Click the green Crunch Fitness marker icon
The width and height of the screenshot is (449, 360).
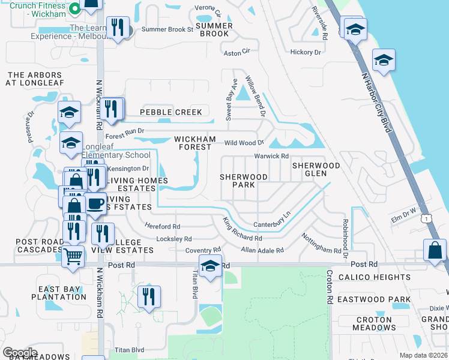[x=75, y=8]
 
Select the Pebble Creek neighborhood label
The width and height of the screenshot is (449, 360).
[x=171, y=112]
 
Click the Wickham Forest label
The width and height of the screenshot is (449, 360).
[x=194, y=143]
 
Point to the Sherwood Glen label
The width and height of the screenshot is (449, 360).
[x=316, y=169]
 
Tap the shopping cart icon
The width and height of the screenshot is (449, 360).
[x=73, y=256]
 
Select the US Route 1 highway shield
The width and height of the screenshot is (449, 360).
[x=426, y=218]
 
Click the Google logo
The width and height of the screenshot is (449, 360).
[x=20, y=352]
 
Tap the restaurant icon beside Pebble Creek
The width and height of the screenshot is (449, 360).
[x=112, y=109]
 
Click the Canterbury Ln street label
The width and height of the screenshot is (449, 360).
[x=271, y=219]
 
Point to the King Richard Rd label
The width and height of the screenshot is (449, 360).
[x=242, y=230]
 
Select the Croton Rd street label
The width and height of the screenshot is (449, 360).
[x=329, y=286]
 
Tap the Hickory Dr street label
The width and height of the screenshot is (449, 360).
[x=306, y=52]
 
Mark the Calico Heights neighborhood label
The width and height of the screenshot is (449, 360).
[x=374, y=277]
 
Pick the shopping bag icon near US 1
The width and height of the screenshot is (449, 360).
[x=435, y=250]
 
